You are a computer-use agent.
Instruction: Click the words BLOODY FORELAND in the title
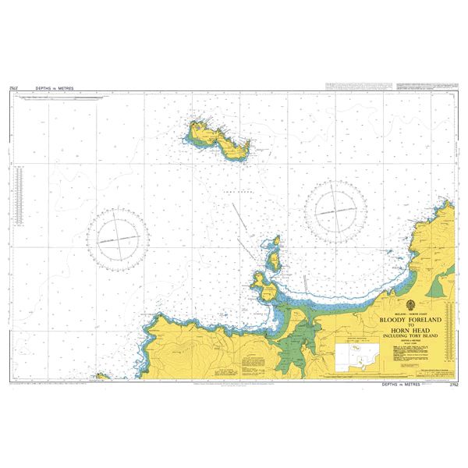click(411, 320)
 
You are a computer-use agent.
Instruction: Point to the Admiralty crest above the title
click(411, 305)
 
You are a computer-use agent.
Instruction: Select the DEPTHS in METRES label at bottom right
click(403, 385)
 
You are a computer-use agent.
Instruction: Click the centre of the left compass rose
click(117, 236)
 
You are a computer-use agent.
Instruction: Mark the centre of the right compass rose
click(336, 209)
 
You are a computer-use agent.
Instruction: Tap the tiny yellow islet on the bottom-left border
click(101, 377)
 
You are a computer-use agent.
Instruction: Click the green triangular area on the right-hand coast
click(441, 289)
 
